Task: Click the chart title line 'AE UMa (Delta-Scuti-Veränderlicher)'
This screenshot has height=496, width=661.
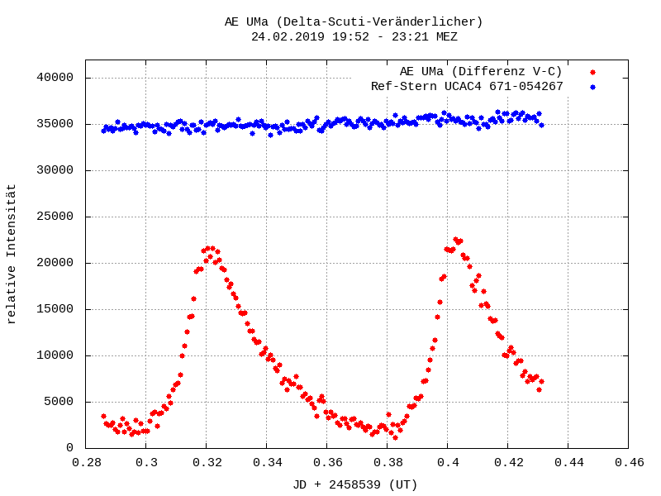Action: tap(354, 21)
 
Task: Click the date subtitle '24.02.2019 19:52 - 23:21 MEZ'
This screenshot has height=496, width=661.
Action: tap(354, 36)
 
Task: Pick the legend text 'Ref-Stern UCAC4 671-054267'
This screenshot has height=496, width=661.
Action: tap(467, 86)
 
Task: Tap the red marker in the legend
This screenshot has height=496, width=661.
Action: tap(592, 72)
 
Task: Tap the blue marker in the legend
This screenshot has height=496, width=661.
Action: tap(592, 86)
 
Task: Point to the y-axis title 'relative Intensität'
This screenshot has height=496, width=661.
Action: tap(12, 254)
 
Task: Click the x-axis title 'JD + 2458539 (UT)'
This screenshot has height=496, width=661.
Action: tap(355, 484)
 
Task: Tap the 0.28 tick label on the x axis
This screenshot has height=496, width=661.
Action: tap(86, 463)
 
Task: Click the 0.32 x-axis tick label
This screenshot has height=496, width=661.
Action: tap(207, 463)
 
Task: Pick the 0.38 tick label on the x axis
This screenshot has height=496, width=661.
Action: tap(388, 463)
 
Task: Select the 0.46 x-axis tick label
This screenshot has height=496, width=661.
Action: tap(628, 463)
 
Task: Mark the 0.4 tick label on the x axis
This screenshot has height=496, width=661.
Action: tap(448, 463)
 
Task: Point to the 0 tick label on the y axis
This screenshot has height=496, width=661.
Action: tap(71, 448)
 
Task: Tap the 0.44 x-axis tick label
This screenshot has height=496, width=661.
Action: tap(568, 463)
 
